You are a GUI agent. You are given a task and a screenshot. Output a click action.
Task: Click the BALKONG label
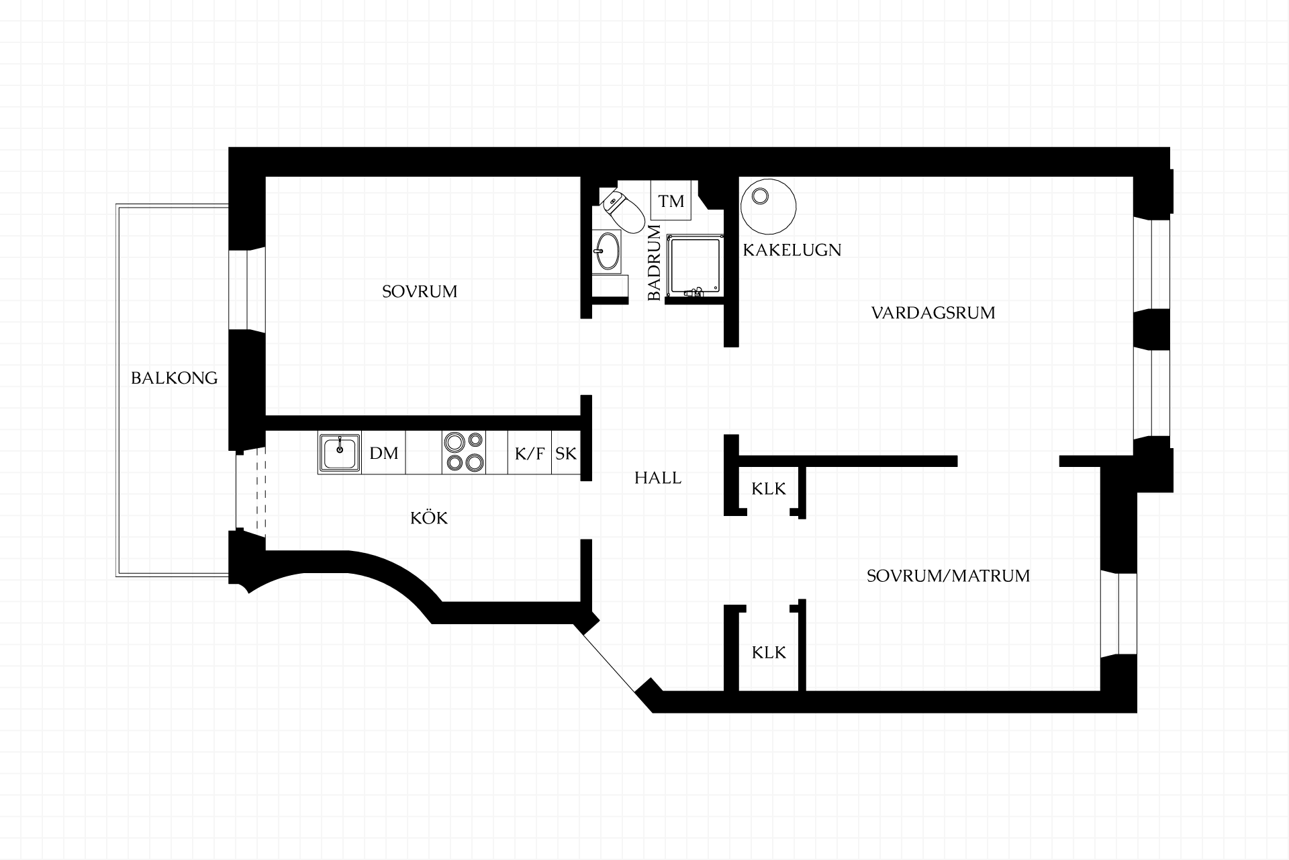click(x=175, y=378)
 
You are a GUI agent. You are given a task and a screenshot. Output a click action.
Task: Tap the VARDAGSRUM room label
click(x=933, y=313)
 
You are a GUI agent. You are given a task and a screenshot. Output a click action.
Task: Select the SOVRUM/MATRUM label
click(x=948, y=576)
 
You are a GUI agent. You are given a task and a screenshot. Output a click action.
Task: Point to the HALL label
click(x=658, y=478)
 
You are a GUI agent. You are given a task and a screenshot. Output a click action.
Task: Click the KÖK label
click(x=429, y=517)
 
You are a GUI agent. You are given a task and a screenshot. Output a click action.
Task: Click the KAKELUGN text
click(x=792, y=250)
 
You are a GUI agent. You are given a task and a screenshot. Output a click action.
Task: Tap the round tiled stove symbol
click(x=768, y=206)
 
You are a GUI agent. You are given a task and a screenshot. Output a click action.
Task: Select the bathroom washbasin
click(x=608, y=251)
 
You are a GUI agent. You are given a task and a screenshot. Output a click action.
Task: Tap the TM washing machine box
click(x=671, y=200)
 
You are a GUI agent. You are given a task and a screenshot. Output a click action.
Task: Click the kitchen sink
click(x=340, y=454)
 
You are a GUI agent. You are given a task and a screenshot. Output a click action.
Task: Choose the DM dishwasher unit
click(x=384, y=454)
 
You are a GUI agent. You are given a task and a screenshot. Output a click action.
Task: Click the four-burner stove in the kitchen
click(x=464, y=452)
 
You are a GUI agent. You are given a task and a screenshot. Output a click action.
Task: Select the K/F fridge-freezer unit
click(x=530, y=454)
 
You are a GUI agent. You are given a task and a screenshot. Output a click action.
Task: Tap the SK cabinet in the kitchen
click(x=566, y=454)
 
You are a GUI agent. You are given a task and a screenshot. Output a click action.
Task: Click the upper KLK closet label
click(x=769, y=488)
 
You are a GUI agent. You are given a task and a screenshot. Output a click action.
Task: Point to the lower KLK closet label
click(x=769, y=652)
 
